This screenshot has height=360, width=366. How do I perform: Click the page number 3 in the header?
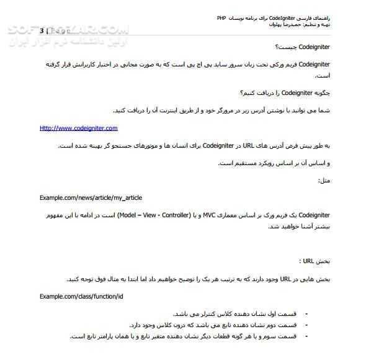[x=42, y=30]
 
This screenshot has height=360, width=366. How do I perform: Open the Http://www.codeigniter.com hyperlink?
[x=78, y=128]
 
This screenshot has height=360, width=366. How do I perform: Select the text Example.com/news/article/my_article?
[x=91, y=197]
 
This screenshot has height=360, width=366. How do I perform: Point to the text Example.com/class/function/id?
[x=81, y=296]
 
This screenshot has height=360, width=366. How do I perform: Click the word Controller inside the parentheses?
[x=170, y=215]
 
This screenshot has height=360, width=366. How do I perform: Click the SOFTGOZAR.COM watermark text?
[x=65, y=30]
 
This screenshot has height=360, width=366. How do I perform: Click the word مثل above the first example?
[x=324, y=180]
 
